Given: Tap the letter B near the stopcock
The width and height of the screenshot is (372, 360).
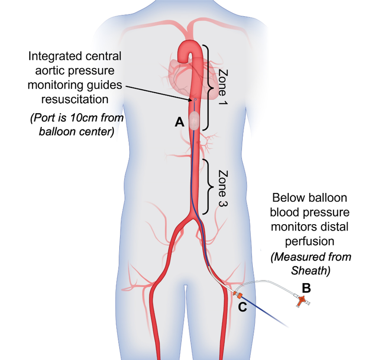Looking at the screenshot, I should point(306,288).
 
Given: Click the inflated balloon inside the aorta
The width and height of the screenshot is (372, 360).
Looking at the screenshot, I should point(193,120).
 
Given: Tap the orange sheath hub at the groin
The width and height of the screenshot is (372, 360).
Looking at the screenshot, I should point(236,293).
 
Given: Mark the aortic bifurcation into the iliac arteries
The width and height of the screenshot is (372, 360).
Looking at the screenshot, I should point(193,218).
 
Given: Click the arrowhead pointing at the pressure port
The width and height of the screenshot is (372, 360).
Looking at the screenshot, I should point(192,99).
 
